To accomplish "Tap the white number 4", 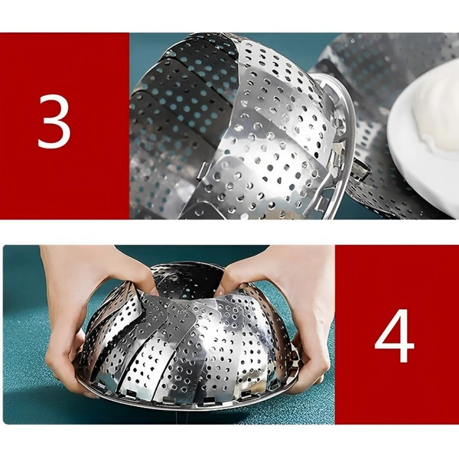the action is (394, 336).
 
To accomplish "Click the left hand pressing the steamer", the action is (96, 293).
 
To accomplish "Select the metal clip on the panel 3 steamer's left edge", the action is (202, 174).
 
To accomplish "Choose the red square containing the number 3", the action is (65, 126).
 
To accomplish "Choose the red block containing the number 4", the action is (397, 334).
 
